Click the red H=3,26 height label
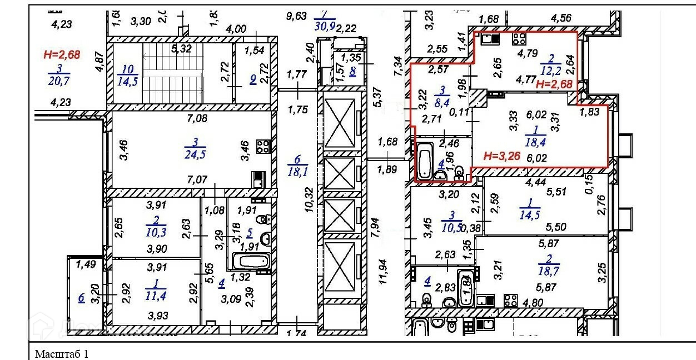501,156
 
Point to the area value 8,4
443,101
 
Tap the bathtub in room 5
248,261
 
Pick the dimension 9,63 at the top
296,16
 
